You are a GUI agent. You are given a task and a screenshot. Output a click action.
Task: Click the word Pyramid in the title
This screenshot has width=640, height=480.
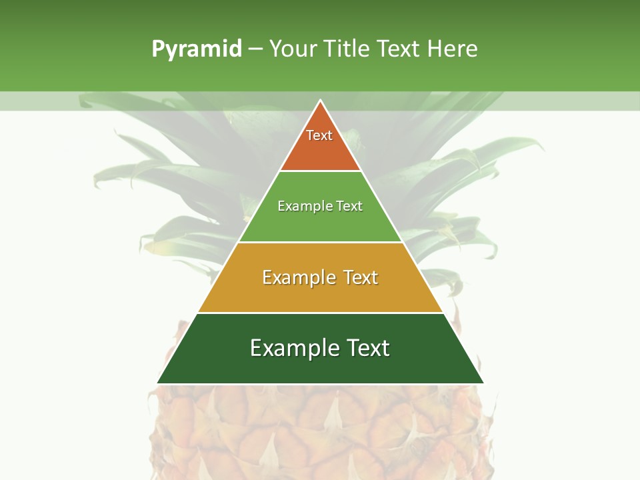click(196, 49)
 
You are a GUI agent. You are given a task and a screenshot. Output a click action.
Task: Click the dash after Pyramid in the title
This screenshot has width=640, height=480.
click(255, 49)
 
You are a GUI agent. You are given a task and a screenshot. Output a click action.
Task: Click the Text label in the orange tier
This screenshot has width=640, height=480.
click(319, 135)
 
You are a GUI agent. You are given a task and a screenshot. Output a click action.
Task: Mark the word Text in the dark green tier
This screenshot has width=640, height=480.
click(368, 348)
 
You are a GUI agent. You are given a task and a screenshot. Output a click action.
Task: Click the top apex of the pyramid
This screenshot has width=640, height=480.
click(321, 101)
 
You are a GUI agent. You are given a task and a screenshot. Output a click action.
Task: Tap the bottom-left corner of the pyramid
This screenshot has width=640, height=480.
click(158, 383)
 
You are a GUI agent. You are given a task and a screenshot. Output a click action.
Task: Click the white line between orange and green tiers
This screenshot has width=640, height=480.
click(321, 171)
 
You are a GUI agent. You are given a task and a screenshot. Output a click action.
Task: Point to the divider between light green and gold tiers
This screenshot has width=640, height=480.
click(321, 242)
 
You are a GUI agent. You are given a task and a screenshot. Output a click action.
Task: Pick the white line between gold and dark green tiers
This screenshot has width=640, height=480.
click(321, 313)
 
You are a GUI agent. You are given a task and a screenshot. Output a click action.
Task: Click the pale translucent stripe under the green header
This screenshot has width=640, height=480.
click(133, 101)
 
